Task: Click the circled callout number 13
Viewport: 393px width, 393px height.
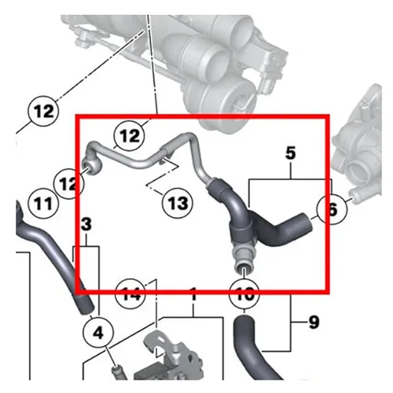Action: tap(178, 203)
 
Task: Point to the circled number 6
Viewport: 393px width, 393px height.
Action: tap(331, 209)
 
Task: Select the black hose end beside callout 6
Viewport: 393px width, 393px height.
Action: tap(304, 224)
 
